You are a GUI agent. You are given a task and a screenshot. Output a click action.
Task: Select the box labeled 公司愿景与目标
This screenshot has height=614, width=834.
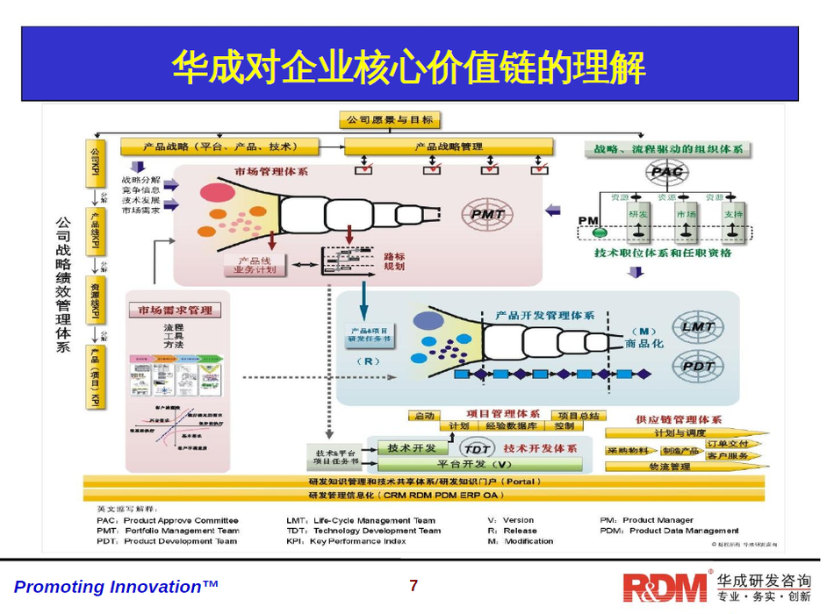click(x=390, y=120)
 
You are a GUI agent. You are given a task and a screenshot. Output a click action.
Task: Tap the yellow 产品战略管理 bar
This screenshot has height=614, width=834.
click(x=448, y=146)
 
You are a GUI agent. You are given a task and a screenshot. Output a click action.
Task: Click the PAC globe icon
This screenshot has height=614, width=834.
click(x=665, y=172)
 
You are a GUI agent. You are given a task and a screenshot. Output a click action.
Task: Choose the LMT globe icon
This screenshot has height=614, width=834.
click(x=699, y=327)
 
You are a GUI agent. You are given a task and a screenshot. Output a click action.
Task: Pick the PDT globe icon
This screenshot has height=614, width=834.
click(x=699, y=366)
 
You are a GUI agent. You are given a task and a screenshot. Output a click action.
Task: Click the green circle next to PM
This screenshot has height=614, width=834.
click(x=600, y=233)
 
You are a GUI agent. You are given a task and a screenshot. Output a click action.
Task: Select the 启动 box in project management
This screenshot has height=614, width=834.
click(x=425, y=415)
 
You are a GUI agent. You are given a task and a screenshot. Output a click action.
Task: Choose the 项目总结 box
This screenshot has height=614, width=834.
click(x=578, y=415)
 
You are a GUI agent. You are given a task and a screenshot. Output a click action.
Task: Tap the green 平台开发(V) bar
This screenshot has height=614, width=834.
click(x=473, y=463)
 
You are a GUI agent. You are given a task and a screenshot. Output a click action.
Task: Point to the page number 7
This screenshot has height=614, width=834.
click(x=414, y=586)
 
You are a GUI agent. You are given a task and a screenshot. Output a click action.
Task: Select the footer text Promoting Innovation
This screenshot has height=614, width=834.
click(x=115, y=586)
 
